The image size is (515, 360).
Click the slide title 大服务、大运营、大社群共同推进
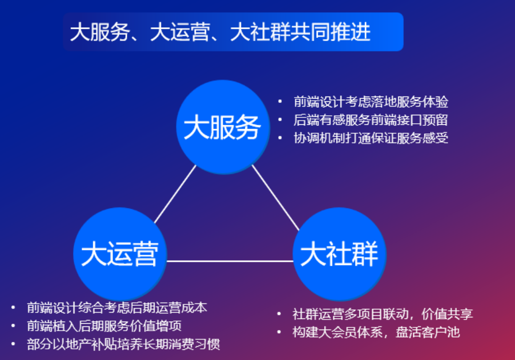[x=220, y=32]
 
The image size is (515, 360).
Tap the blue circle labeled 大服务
[x=223, y=127]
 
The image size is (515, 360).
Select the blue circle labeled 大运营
[x=120, y=254]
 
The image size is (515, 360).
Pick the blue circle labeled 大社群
[x=339, y=254]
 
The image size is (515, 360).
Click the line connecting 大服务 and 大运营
[x=175, y=194]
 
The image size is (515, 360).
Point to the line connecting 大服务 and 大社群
[x=276, y=197]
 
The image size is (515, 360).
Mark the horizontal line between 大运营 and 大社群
[x=230, y=261]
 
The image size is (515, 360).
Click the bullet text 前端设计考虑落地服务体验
[x=371, y=102]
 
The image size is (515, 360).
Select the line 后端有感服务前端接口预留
[x=371, y=120]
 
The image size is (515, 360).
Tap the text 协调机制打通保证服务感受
[x=371, y=138]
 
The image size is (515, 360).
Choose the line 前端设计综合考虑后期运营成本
[x=117, y=308]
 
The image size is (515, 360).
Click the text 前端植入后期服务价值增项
[x=104, y=326]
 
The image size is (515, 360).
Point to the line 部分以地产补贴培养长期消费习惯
[x=124, y=344]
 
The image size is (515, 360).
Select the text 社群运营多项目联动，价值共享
[x=383, y=314]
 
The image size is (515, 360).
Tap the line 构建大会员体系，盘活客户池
[x=376, y=332]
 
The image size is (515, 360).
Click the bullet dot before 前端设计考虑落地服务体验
[x=280, y=101]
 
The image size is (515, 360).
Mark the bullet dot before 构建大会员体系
[x=279, y=332]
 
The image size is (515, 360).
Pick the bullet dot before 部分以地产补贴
[x=13, y=344]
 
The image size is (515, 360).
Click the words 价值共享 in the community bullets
[x=447, y=314]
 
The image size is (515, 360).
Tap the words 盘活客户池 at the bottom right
[x=428, y=332]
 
